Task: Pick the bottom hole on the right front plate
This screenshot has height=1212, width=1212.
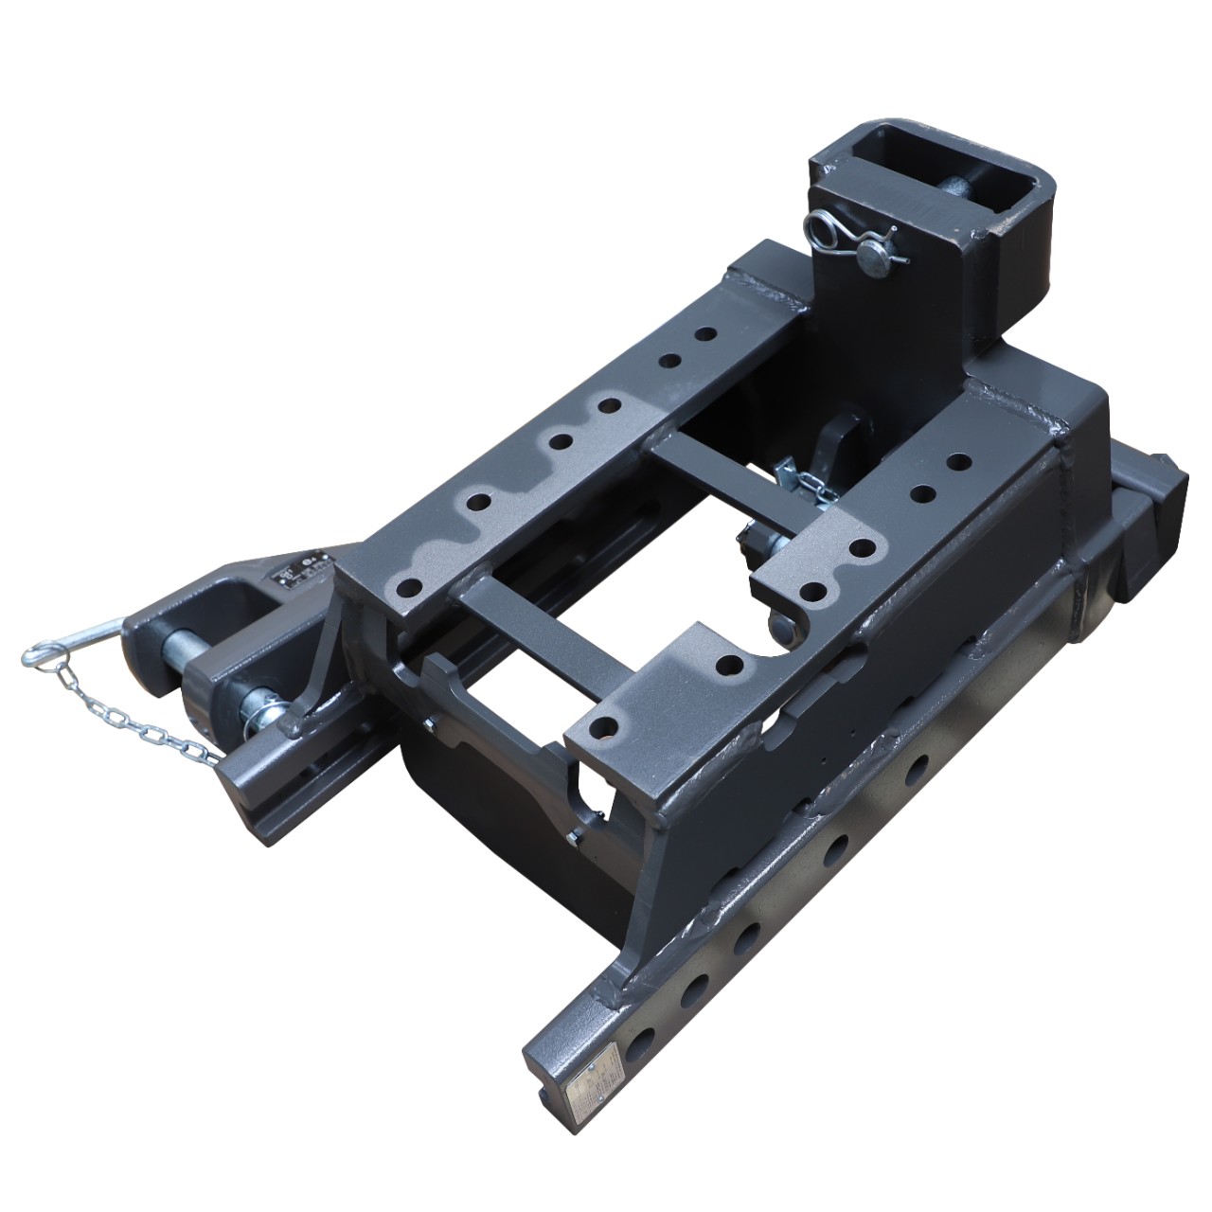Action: tap(601, 727)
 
